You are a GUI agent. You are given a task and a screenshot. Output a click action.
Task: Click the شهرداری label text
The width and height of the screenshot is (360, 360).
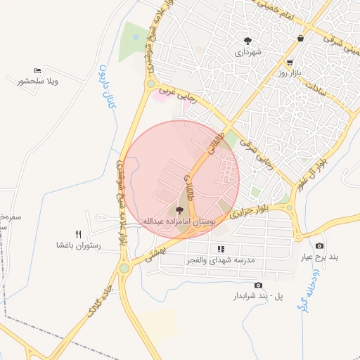click(x=248, y=53)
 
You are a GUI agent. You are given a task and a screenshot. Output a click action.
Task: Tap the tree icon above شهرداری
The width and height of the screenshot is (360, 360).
click(x=247, y=41)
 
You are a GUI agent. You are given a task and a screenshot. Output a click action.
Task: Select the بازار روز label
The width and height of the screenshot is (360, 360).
click(x=293, y=73)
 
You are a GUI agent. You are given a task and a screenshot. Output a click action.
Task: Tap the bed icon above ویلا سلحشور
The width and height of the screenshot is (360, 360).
click(x=37, y=70)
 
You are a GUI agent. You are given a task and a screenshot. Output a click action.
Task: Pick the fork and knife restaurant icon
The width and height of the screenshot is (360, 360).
click(x=79, y=234)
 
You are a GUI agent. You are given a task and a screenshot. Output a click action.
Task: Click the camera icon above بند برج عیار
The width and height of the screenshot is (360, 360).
click(x=319, y=245)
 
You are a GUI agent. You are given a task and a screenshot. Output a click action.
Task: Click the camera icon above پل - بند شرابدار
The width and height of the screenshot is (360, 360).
click(x=258, y=285)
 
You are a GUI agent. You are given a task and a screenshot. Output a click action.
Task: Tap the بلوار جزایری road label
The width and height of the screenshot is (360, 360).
click(x=251, y=209)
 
